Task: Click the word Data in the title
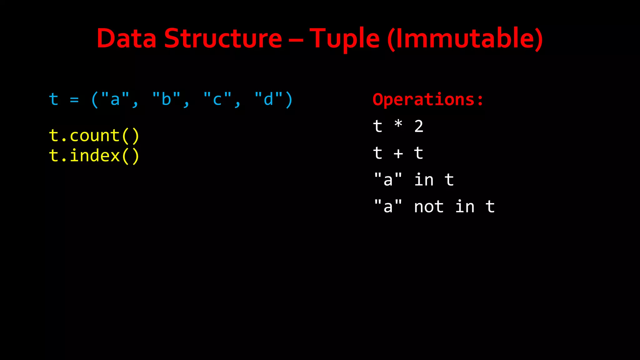pos(127,38)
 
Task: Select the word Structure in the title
pos(223,38)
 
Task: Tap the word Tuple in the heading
pos(344,39)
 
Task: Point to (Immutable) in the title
pos(465,38)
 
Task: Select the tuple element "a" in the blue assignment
pos(115,99)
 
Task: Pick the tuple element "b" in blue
pos(166,99)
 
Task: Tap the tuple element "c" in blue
pos(217,99)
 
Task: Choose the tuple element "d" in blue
pos(268,99)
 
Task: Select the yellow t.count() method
pos(94,136)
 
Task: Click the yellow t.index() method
pos(94,156)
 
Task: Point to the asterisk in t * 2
pos(398,124)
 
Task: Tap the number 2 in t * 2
pos(419,127)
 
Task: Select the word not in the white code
pos(429,207)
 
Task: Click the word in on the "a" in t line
pos(424,180)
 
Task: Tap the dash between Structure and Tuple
pos(296,40)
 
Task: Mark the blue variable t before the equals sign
pos(54,99)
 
